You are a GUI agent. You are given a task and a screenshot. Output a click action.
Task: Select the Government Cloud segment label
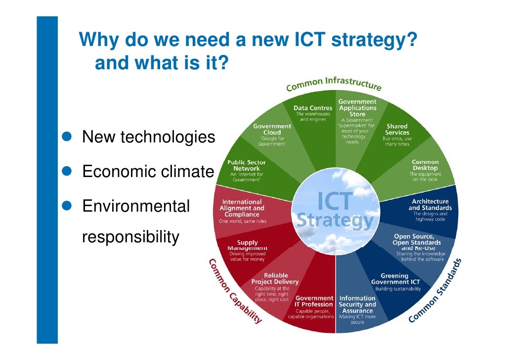coord(272,129)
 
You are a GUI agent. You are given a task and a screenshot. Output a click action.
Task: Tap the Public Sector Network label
coord(247,166)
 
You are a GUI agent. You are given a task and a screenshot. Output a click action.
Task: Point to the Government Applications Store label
coord(357,108)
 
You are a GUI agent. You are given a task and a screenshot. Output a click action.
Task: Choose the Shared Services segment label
coord(397,130)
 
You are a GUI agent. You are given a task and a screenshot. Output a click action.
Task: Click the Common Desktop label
coord(425,165)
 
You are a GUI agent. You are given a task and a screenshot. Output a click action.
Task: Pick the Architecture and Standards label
coord(429,205)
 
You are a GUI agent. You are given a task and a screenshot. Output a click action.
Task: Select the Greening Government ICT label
coord(395,279)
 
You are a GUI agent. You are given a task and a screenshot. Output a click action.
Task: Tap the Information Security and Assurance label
coord(357,305)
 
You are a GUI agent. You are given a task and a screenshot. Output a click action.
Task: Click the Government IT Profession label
coord(314,301)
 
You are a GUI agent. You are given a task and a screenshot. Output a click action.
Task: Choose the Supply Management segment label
coord(248,245)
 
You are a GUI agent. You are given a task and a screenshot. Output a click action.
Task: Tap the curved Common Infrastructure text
coord(334,84)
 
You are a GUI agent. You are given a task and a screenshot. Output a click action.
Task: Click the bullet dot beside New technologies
coord(72,136)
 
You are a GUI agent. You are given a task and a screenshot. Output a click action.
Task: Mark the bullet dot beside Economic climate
coord(72,171)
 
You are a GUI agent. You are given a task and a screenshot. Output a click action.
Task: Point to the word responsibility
coord(130,237)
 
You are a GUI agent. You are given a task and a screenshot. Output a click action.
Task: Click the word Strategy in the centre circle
coord(335,221)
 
